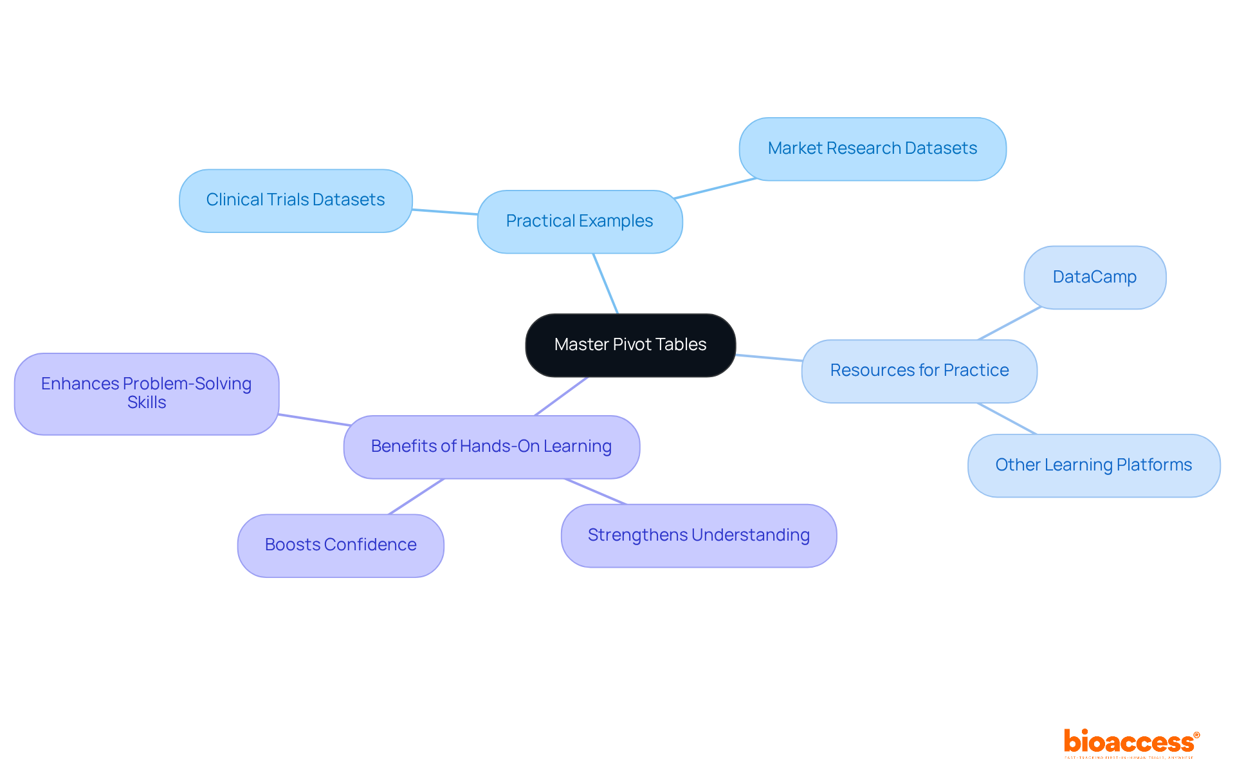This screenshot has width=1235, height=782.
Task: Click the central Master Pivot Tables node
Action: coord(630,345)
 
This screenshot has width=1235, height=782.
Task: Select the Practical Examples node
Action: coord(580,221)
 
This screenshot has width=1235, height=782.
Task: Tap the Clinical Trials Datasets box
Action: coord(295,200)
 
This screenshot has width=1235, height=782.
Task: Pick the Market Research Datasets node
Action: coord(872,149)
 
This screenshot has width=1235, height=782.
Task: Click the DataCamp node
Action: coord(1094,277)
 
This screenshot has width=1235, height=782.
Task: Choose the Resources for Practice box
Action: coord(919,371)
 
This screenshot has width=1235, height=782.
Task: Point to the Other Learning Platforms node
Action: coord(1093,465)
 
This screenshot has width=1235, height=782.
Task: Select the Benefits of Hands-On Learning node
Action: coord(491,447)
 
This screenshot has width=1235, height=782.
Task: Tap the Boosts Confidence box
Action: coord(340,545)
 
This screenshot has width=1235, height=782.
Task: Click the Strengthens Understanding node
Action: coord(699,535)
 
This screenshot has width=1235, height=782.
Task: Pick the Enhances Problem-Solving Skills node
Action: coord(147,393)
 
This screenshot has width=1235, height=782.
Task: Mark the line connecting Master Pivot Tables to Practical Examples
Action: coord(605,284)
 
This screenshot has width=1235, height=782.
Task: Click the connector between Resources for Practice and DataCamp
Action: coord(1009,324)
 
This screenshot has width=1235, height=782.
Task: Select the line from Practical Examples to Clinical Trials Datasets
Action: coord(444,211)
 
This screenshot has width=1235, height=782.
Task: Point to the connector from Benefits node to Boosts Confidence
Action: coord(416,496)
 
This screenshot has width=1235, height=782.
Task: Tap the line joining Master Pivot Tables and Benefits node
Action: coord(561,396)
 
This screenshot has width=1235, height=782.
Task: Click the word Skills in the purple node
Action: coord(147,403)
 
